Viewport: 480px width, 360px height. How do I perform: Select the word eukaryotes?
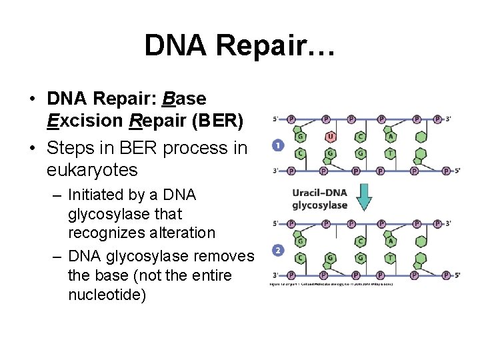click(92, 170)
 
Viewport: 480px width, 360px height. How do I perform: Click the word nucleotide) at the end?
click(107, 294)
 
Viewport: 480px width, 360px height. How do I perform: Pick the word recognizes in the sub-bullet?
click(109, 233)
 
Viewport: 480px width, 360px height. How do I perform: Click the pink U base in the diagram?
click(331, 137)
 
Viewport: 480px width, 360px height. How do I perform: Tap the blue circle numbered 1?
click(278, 145)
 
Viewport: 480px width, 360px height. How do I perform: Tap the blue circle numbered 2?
click(278, 251)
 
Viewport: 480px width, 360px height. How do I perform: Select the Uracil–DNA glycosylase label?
click(320, 199)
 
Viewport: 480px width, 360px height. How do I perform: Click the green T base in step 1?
click(390, 153)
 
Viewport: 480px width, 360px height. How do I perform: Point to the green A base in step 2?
click(391, 241)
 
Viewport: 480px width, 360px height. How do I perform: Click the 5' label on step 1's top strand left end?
click(275, 119)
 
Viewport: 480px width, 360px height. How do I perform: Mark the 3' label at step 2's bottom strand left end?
click(275, 275)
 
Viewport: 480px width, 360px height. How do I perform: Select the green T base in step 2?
click(390, 258)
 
